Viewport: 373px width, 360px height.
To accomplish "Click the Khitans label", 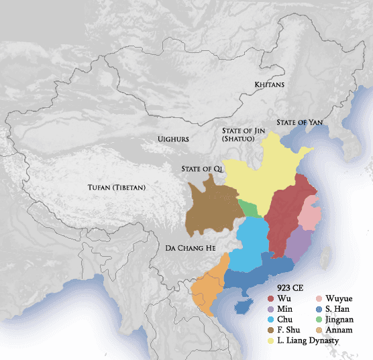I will tap(270, 85).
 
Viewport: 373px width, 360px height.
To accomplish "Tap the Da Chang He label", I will tap(191, 249).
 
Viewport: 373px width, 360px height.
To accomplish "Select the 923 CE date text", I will tap(280, 287).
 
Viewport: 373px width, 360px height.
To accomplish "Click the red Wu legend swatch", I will tap(270, 298).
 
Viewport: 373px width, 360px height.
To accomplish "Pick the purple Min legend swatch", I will tap(270, 309).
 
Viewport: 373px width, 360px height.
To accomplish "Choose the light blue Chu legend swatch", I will tap(270, 320).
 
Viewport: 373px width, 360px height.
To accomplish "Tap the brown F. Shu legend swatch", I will tap(270, 331).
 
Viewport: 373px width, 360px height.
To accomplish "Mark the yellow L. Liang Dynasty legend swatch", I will tap(270, 341).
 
